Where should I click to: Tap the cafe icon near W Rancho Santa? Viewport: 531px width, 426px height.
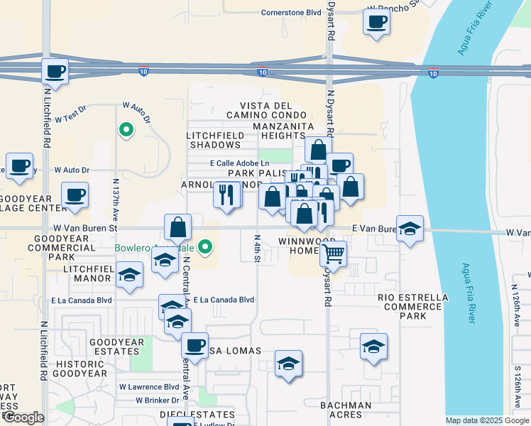point(376,21)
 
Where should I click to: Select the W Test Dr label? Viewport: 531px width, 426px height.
point(69,111)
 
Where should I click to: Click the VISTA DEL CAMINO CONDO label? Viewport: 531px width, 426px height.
point(268,111)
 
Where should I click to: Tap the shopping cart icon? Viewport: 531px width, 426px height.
point(333,252)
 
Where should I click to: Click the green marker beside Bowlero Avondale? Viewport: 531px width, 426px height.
point(205,247)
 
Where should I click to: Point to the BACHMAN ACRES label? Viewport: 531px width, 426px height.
point(346,410)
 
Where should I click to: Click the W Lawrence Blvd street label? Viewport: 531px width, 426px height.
point(149,387)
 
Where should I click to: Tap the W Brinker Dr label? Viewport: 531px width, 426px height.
point(158,400)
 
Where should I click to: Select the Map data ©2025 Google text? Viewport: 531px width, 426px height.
point(486,420)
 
